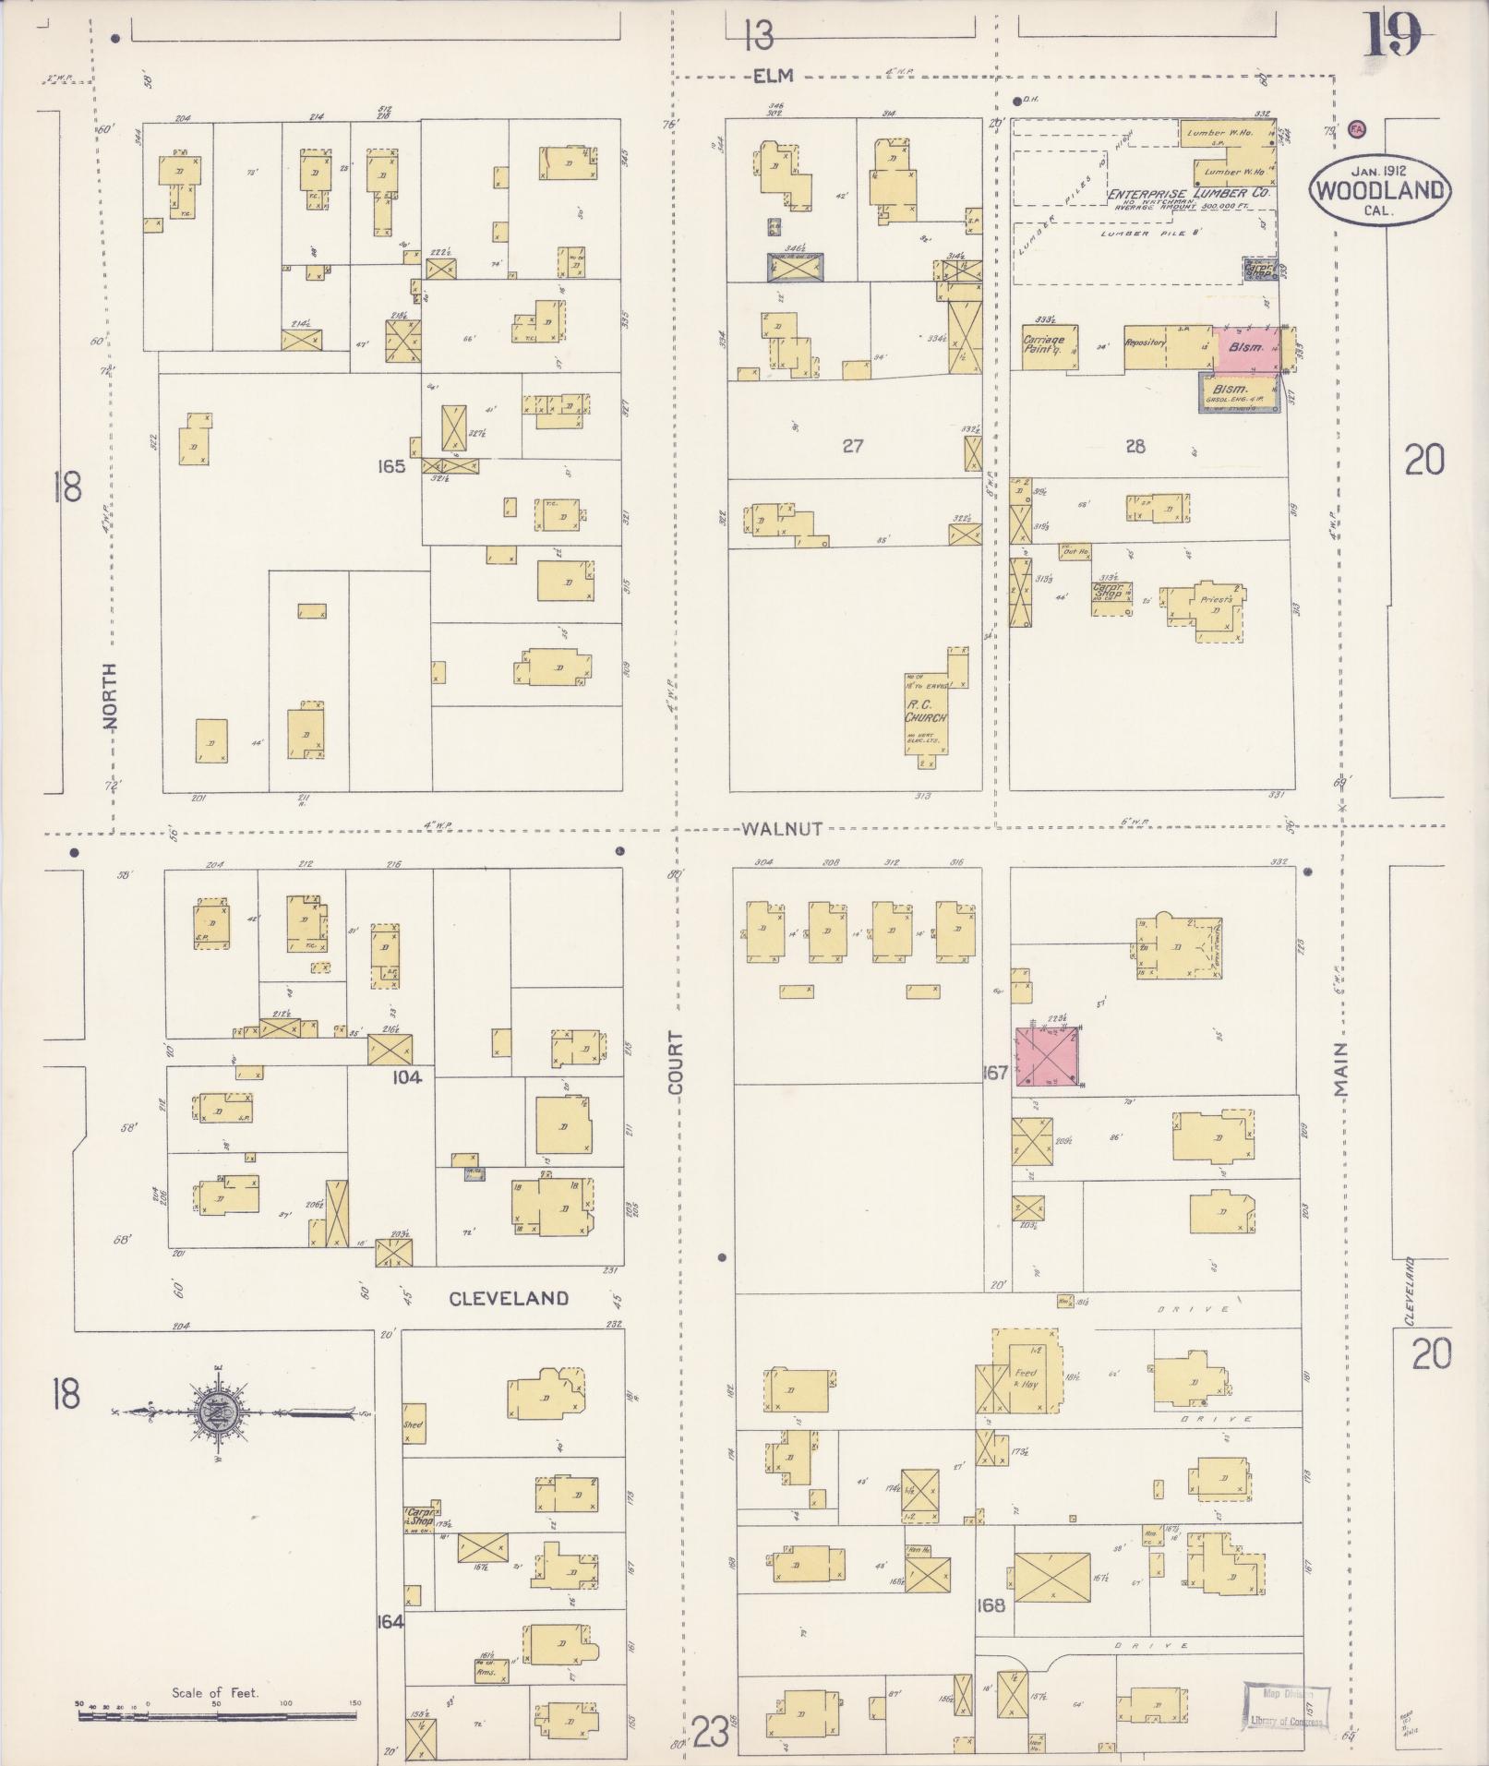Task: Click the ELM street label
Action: click(x=773, y=78)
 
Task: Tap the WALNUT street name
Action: click(x=781, y=829)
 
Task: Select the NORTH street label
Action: click(x=110, y=696)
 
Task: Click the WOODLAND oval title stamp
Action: click(x=1379, y=190)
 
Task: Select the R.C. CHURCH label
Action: click(x=925, y=714)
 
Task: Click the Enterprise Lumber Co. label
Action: click(x=1189, y=195)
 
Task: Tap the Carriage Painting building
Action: click(x=1049, y=345)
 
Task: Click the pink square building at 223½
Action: click(x=1048, y=1056)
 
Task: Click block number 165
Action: click(x=391, y=466)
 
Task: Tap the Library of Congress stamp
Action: click(x=1287, y=1707)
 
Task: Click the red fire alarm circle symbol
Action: click(x=1357, y=129)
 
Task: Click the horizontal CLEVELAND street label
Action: click(x=508, y=1298)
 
